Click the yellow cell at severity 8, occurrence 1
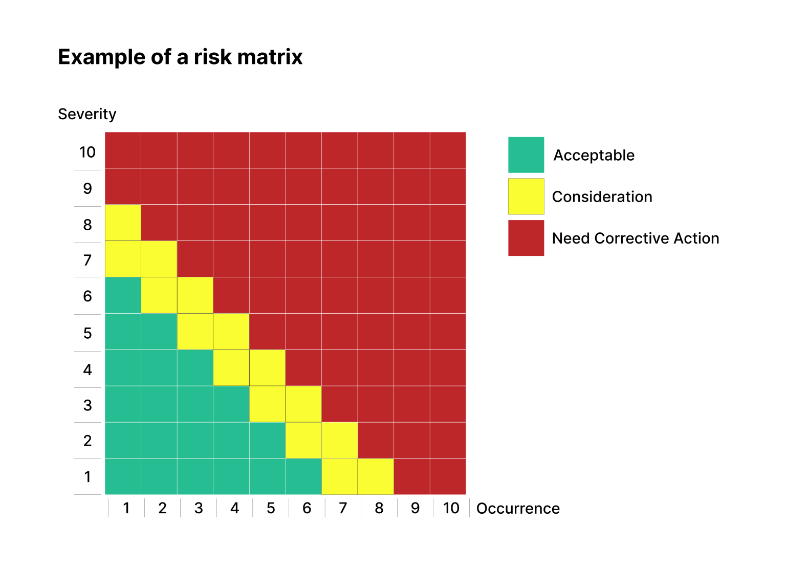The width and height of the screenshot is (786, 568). tap(123, 223)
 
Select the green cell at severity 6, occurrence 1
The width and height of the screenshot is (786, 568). tap(123, 295)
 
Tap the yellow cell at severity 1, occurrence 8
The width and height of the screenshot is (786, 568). tap(376, 476)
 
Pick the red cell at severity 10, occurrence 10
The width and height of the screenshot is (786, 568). tap(448, 150)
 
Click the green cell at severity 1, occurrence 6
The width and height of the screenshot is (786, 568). tap(303, 476)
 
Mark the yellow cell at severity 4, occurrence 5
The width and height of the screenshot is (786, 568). tap(267, 368)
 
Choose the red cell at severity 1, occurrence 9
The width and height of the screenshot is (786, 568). tap(412, 476)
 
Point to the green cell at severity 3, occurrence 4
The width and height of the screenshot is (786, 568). tap(231, 404)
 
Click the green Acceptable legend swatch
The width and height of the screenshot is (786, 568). tap(526, 155)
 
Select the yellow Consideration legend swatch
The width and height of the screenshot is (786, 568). tap(526, 196)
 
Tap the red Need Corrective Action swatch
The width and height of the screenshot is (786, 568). tap(526, 238)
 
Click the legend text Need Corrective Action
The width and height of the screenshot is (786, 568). tap(636, 238)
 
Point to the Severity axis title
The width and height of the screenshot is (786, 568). tap(87, 114)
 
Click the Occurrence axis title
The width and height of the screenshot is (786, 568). tap(518, 509)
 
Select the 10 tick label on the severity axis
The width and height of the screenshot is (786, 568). tap(88, 152)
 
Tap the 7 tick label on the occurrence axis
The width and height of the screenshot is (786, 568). tap(343, 508)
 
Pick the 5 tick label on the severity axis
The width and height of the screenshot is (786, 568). tap(88, 333)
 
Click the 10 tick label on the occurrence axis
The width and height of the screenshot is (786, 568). tap(451, 508)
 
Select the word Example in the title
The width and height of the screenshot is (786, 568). tap(102, 57)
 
